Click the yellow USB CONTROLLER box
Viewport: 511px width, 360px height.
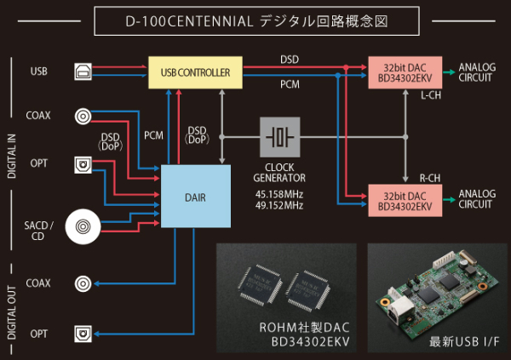195,73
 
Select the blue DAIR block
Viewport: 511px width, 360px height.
195,197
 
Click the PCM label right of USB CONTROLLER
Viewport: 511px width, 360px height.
289,86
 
